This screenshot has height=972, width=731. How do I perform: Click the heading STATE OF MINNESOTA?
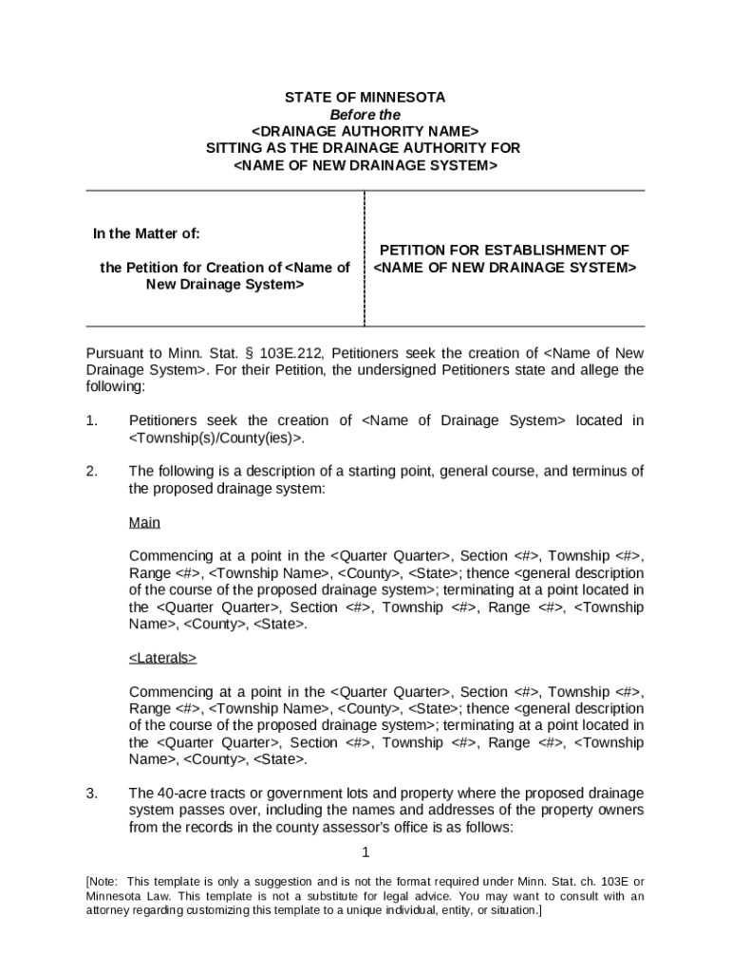365,98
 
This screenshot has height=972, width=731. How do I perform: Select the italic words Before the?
365,115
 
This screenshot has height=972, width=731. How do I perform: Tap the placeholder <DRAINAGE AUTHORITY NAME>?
365,131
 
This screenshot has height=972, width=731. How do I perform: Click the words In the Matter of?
146,234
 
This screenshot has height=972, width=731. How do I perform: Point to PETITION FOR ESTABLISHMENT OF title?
504,251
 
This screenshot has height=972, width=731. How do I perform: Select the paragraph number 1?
91,421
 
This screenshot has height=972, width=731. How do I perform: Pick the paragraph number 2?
91,472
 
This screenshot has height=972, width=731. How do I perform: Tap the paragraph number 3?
91,794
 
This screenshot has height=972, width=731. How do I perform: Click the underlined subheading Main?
144,523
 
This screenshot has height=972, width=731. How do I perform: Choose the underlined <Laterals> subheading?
162,658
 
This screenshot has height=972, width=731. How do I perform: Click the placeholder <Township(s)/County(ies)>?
216,438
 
